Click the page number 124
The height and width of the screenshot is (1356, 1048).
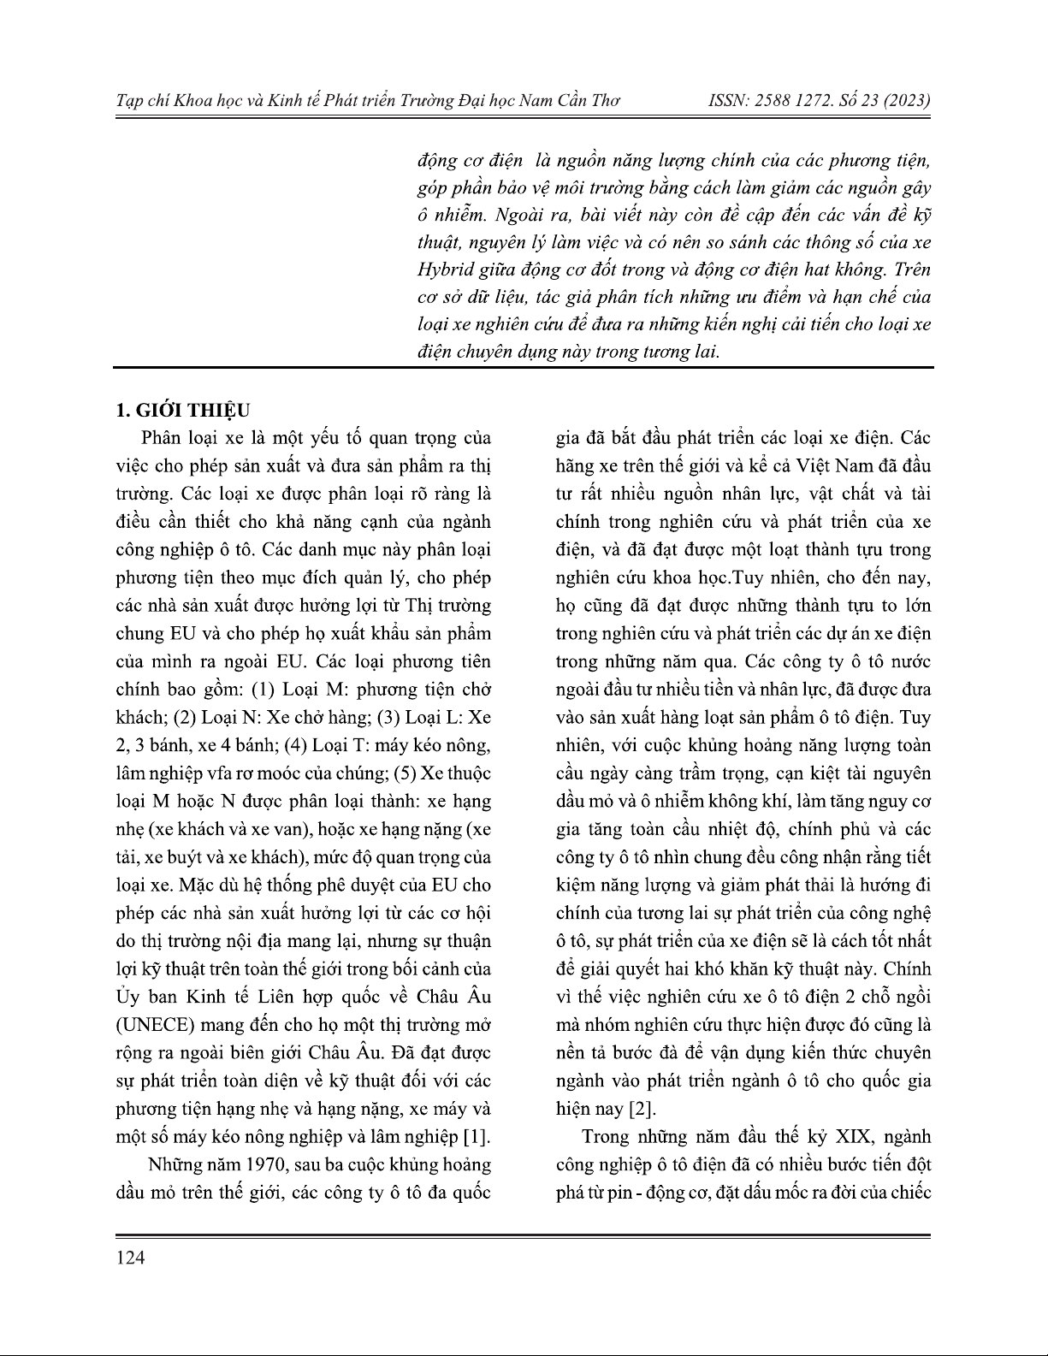(x=130, y=1257)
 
